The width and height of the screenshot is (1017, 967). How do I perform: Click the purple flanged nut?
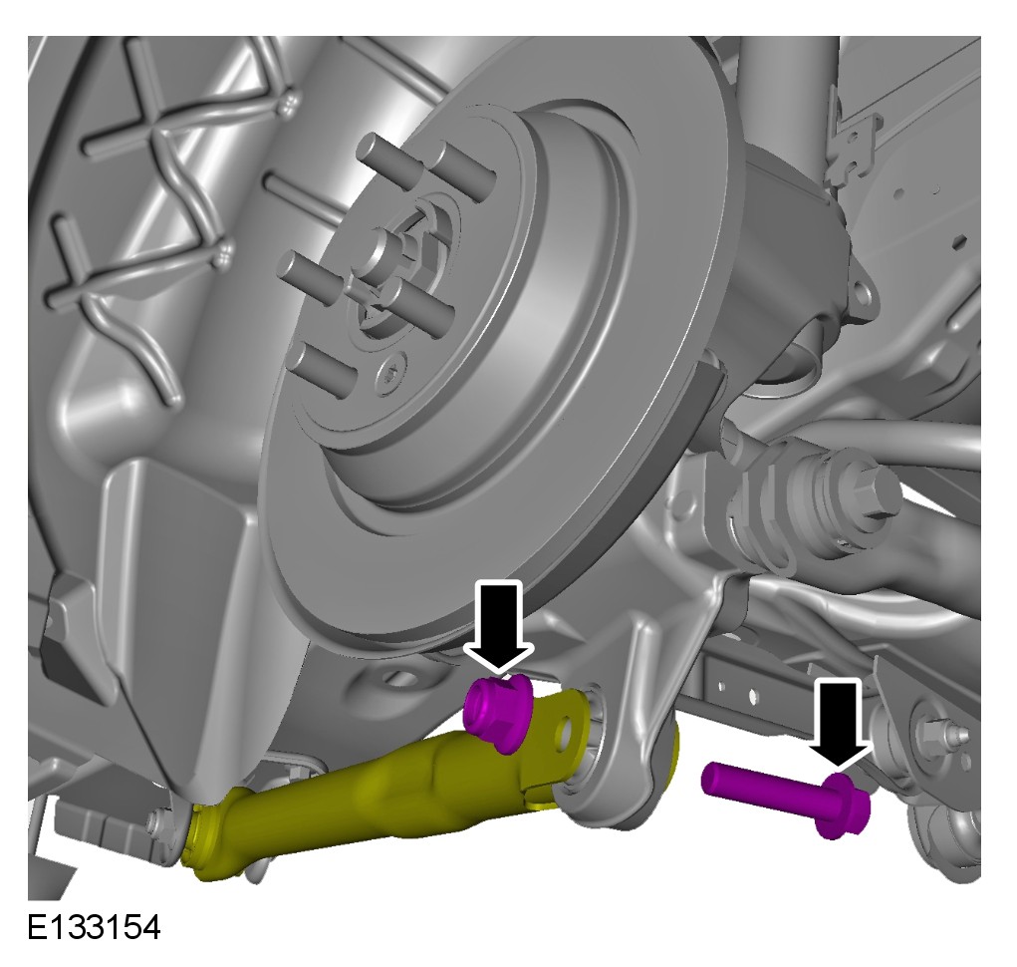click(498, 712)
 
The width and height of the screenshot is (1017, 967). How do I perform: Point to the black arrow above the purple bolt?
click(839, 724)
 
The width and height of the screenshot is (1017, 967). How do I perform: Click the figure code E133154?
click(94, 927)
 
